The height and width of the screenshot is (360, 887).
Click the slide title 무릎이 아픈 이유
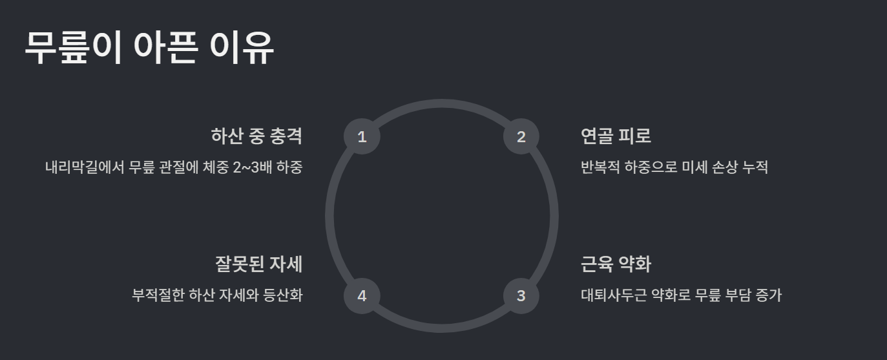click(x=149, y=47)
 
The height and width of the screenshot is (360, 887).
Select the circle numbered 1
click(x=362, y=137)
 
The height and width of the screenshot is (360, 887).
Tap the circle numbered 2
click(x=521, y=137)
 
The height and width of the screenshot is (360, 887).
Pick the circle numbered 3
click(x=521, y=296)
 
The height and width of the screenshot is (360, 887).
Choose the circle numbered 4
click(x=362, y=296)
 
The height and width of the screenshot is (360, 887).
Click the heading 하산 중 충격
click(x=256, y=136)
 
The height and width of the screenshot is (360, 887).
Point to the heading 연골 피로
click(x=616, y=136)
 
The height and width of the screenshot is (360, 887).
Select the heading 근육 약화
click(x=616, y=264)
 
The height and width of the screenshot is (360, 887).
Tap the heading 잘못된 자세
click(x=258, y=264)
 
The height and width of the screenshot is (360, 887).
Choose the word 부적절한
click(x=158, y=296)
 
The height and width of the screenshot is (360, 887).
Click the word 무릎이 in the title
click(x=73, y=47)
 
